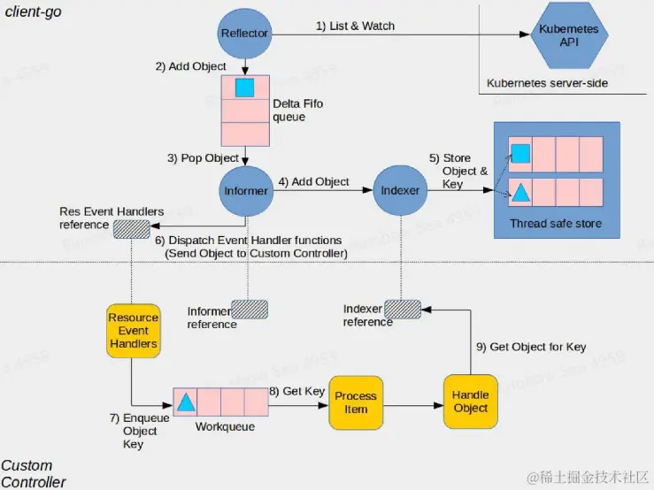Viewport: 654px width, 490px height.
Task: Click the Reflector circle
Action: point(245,34)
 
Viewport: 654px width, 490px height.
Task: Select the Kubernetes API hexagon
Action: point(569,35)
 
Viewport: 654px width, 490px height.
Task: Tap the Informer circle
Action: point(245,188)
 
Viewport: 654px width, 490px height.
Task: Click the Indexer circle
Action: point(400,189)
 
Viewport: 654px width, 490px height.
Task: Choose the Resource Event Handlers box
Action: point(133,330)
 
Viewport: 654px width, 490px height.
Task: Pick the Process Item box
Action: point(356,402)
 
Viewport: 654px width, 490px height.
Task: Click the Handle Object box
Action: point(470,402)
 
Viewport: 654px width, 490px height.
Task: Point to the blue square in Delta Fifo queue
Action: point(245,88)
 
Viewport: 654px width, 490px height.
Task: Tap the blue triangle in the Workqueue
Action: point(186,402)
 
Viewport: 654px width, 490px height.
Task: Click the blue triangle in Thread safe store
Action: point(521,192)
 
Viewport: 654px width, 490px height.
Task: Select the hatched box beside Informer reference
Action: point(250,310)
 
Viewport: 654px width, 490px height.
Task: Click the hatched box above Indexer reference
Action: point(403,309)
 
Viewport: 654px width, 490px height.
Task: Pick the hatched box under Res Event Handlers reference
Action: point(132,227)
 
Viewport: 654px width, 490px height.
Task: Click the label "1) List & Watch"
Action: point(355,26)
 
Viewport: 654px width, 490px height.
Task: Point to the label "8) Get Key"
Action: point(297,390)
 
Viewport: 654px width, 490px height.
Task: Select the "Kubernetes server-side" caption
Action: point(547,83)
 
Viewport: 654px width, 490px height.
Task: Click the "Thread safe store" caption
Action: point(556,224)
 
